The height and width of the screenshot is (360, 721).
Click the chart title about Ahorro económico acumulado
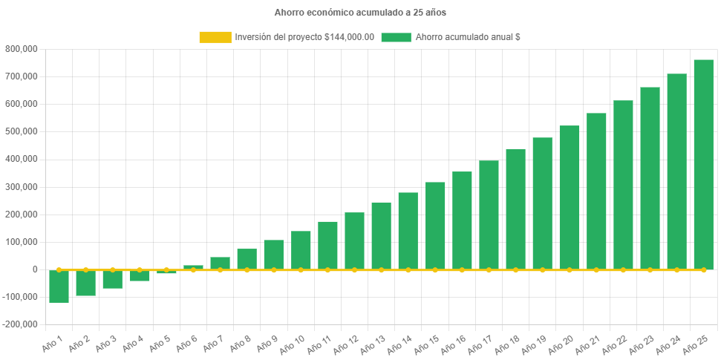pos(360,13)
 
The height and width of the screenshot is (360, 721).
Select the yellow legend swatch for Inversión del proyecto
pos(215,37)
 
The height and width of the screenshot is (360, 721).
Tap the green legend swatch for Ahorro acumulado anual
pos(396,37)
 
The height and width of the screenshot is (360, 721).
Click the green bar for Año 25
pos(703,164)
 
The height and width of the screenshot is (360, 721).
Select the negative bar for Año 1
pos(59,287)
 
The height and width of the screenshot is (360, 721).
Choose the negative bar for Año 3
pos(113,280)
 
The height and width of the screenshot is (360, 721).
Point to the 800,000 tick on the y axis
pos(22,49)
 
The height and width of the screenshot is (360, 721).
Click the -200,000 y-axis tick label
pos(20,324)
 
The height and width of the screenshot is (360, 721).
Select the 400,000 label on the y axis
pos(22,159)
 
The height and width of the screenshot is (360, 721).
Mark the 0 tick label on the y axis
pos(35,269)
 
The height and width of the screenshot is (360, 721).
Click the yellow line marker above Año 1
pos(59,269)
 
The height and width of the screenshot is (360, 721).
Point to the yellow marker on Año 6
pos(193,269)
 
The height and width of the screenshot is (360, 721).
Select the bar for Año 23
pos(650,178)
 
